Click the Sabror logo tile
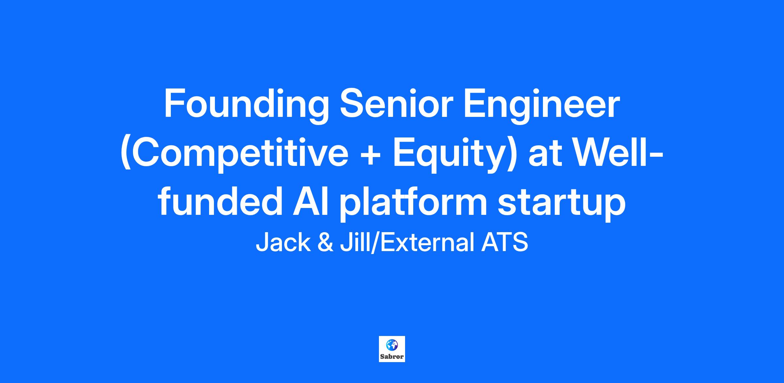pos(392,349)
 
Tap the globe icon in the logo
pos(391,344)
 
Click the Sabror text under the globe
pos(392,357)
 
